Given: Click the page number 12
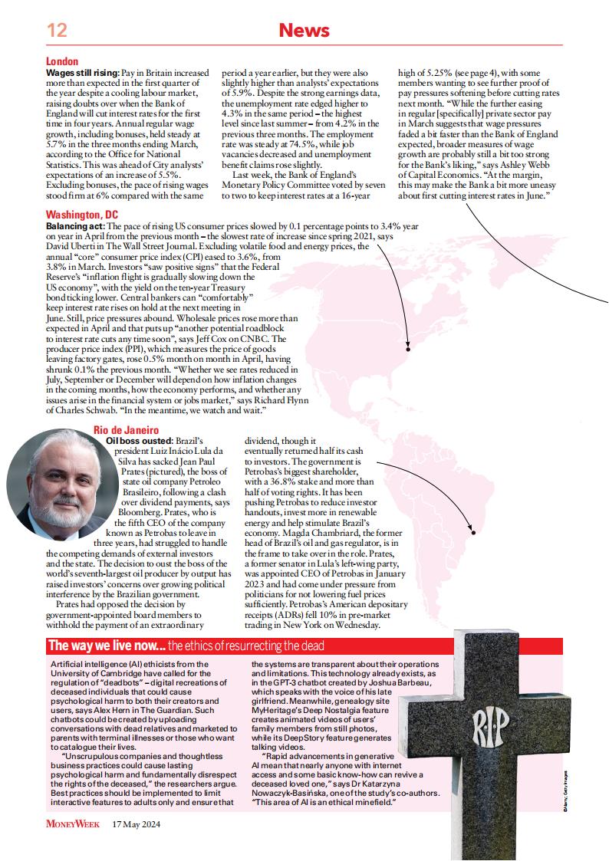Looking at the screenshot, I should coord(58,31).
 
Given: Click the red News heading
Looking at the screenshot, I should coord(304,31).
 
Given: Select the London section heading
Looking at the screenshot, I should coord(62,61).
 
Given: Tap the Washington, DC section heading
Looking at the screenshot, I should coord(82,214).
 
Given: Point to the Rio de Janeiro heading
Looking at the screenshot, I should coord(126,431).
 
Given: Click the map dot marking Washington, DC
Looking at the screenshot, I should coord(408,350).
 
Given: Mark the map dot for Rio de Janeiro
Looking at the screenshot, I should coord(473,532).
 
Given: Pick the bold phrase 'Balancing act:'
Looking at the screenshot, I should coord(74,228).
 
